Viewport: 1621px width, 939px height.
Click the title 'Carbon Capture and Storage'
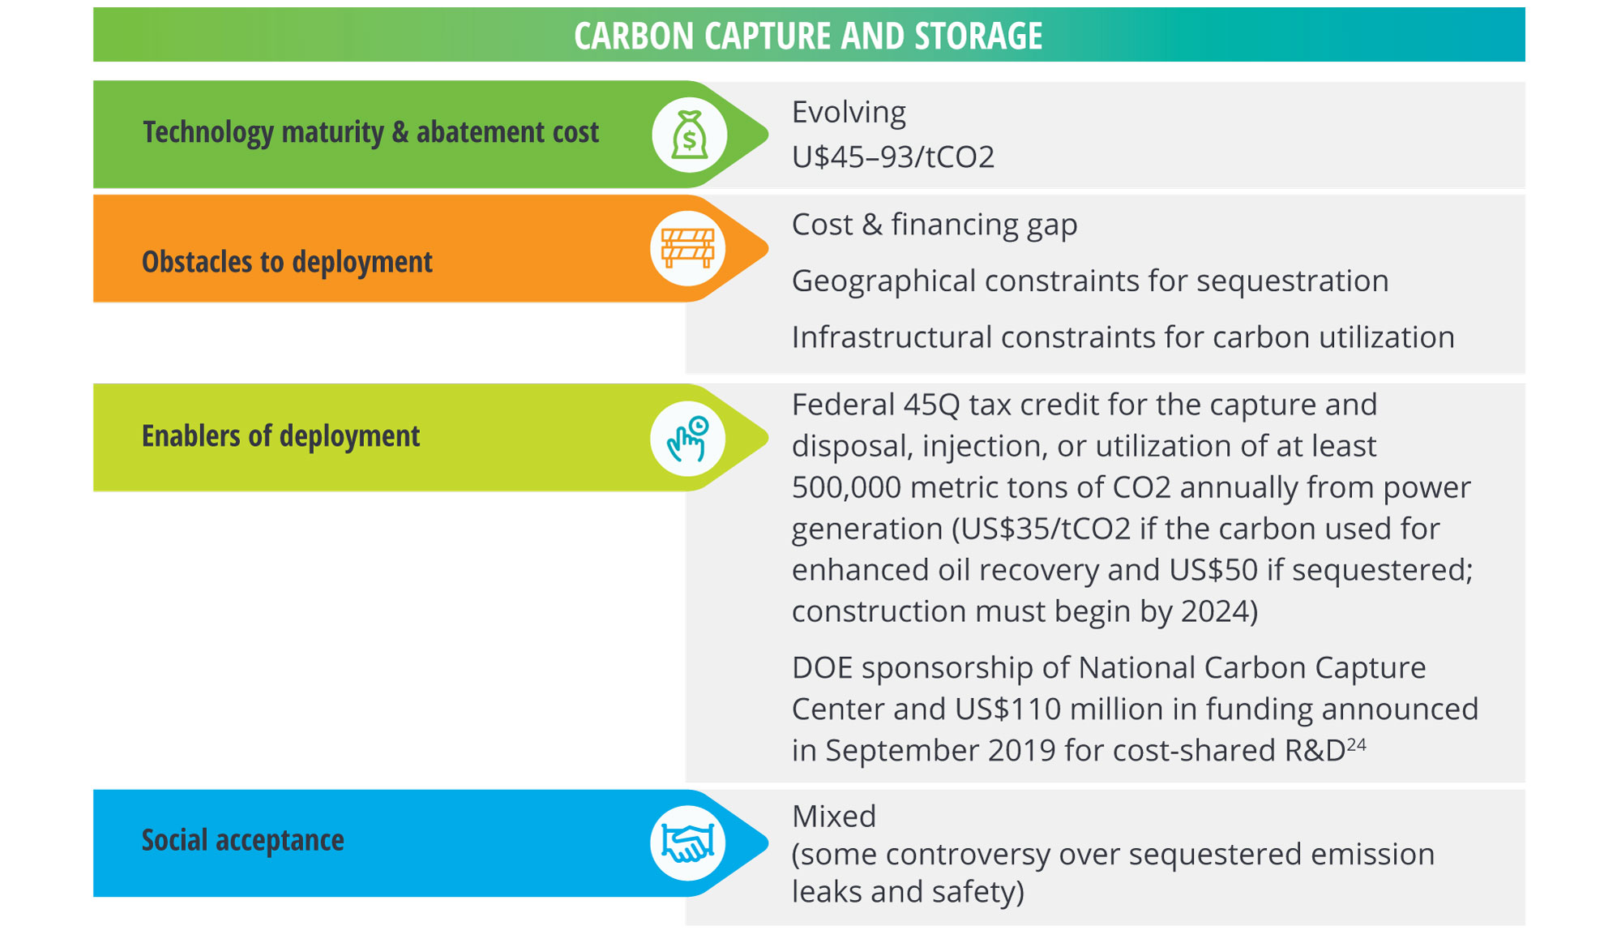[x=808, y=36]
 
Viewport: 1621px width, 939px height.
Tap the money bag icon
[x=689, y=135]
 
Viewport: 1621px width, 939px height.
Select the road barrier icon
[x=687, y=248]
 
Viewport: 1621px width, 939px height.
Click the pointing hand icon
[x=687, y=439]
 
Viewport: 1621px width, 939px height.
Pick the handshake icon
[x=687, y=843]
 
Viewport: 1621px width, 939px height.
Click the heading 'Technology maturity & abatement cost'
[x=371, y=132]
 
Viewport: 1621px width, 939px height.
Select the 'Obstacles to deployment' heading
[x=287, y=263]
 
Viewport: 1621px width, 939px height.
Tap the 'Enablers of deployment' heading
[x=280, y=436]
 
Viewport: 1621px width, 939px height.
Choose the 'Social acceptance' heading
[x=243, y=840]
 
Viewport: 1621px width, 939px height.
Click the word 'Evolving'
[x=849, y=113]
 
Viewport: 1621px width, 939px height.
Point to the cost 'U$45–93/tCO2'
[x=893, y=156]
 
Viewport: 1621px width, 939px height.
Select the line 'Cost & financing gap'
[x=935, y=225]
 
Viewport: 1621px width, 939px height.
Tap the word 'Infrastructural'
[x=892, y=337]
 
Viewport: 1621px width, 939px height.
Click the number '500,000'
[x=846, y=487]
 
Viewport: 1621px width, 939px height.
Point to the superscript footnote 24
[x=1357, y=744]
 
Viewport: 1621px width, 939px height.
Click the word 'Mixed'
[x=834, y=817]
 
